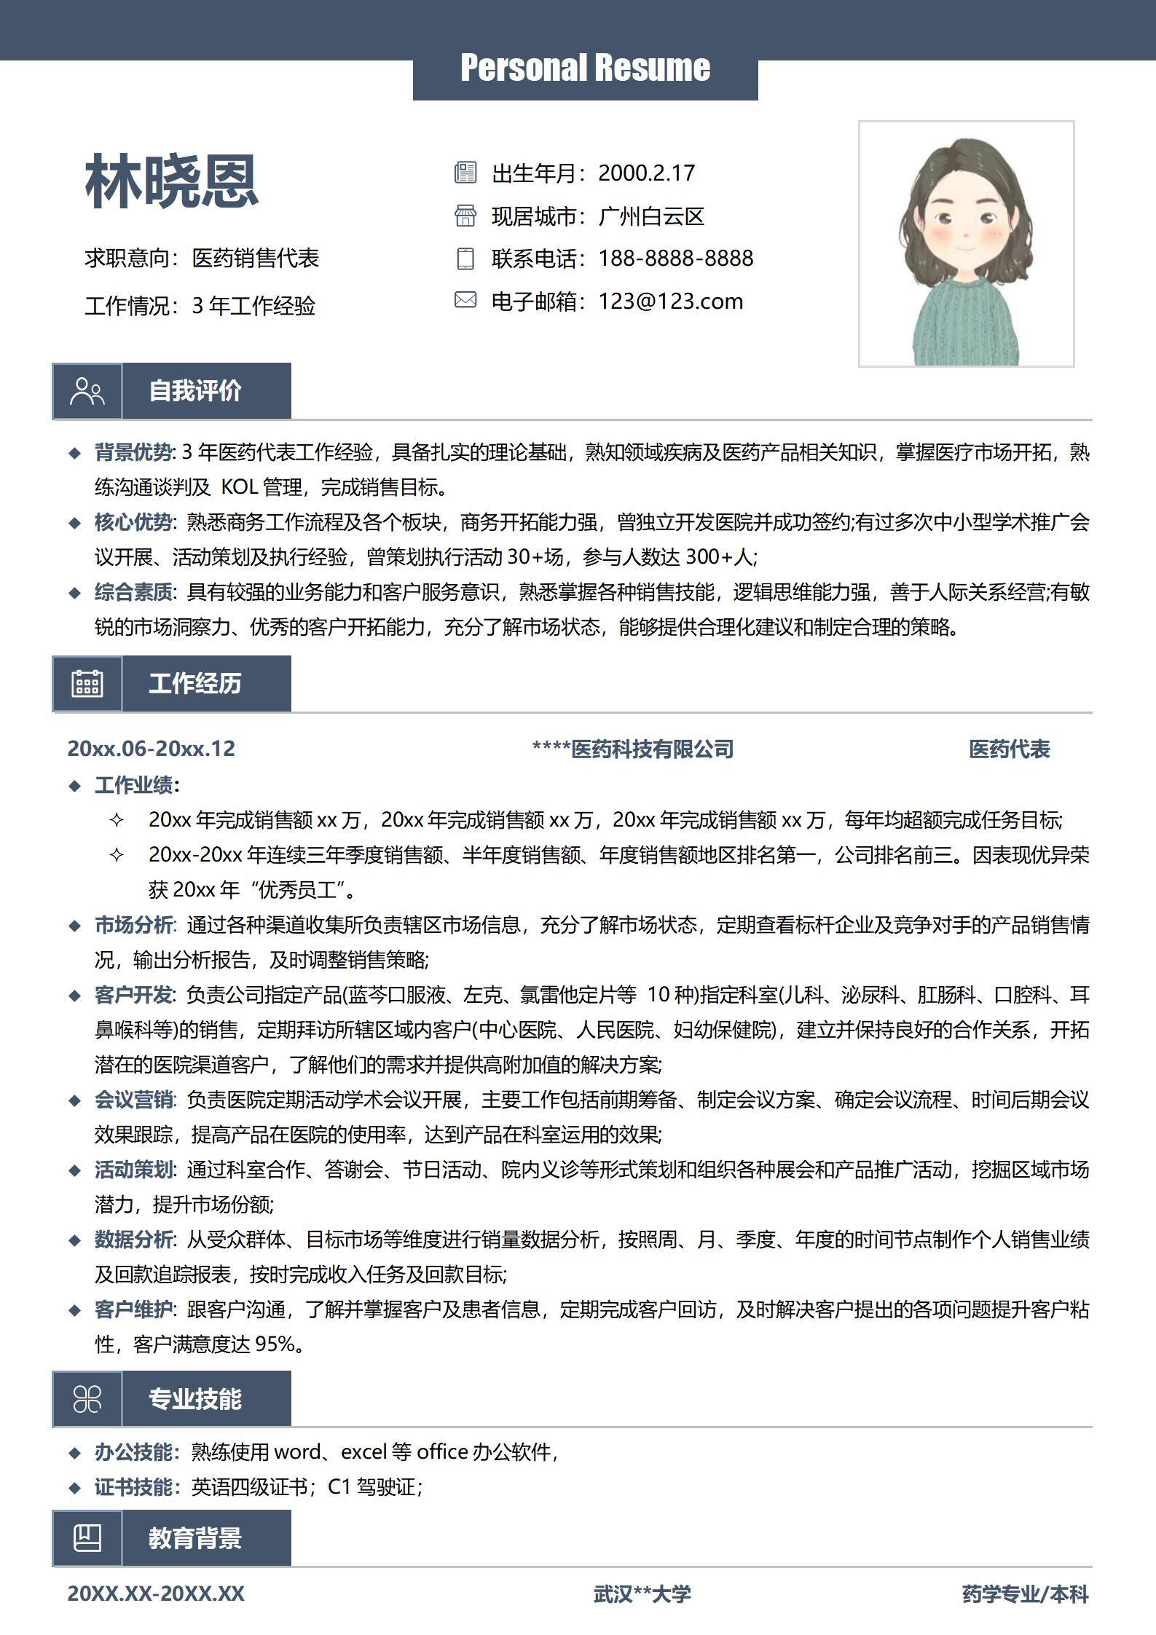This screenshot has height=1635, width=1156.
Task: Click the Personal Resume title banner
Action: (585, 68)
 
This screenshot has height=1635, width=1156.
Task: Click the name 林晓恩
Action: (172, 181)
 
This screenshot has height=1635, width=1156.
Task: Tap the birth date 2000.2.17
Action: (646, 173)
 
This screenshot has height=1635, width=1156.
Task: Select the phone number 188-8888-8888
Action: (675, 259)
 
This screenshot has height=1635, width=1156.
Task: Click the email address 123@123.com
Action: (670, 302)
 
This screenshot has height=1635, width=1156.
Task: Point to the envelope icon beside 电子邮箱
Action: (465, 300)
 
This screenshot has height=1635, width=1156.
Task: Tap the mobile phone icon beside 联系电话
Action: (465, 259)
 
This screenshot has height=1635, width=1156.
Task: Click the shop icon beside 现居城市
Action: (465, 216)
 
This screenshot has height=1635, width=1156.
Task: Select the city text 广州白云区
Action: (651, 216)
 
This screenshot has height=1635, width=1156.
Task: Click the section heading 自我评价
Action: (195, 391)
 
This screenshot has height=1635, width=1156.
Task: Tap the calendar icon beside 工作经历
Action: (87, 683)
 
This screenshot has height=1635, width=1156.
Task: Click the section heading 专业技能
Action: (195, 1399)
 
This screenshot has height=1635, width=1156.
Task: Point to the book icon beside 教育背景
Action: (87, 1538)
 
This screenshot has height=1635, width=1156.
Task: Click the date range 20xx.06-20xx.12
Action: (152, 749)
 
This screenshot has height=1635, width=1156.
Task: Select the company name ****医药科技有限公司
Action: (632, 749)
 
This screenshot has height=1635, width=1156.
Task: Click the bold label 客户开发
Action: (134, 995)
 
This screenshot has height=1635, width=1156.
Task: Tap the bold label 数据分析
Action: (134, 1240)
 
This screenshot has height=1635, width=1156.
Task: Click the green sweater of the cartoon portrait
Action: (965, 328)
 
